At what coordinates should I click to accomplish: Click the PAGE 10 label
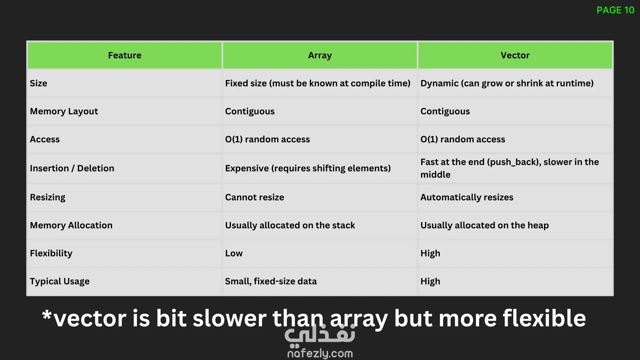(x=615, y=10)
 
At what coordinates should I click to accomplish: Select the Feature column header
(x=125, y=55)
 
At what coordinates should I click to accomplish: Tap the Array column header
(x=320, y=55)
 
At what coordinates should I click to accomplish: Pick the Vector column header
(x=515, y=55)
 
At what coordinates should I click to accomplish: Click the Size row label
(x=38, y=83)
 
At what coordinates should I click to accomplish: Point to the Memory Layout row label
(x=64, y=111)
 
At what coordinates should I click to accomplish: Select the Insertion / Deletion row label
(x=72, y=168)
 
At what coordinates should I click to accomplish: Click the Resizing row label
(x=48, y=197)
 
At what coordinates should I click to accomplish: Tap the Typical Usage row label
(x=60, y=281)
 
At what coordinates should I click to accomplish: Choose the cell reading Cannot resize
(x=255, y=197)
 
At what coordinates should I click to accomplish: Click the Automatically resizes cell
(x=467, y=197)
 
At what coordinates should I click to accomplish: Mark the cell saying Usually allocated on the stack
(x=290, y=225)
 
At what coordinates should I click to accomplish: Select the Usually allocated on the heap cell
(x=484, y=225)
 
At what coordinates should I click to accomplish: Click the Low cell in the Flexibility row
(x=234, y=253)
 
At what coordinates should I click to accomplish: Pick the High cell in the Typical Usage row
(x=430, y=281)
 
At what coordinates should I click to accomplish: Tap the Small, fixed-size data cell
(x=271, y=281)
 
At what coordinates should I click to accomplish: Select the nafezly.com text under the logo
(x=320, y=353)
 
